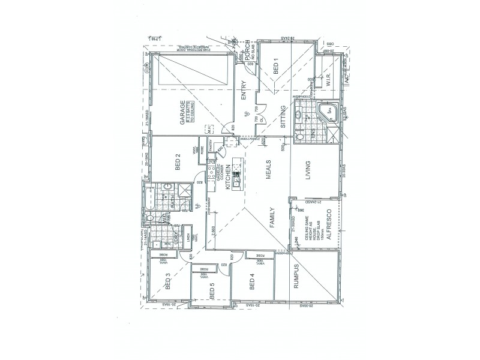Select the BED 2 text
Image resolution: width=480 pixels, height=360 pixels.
click(178, 164)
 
